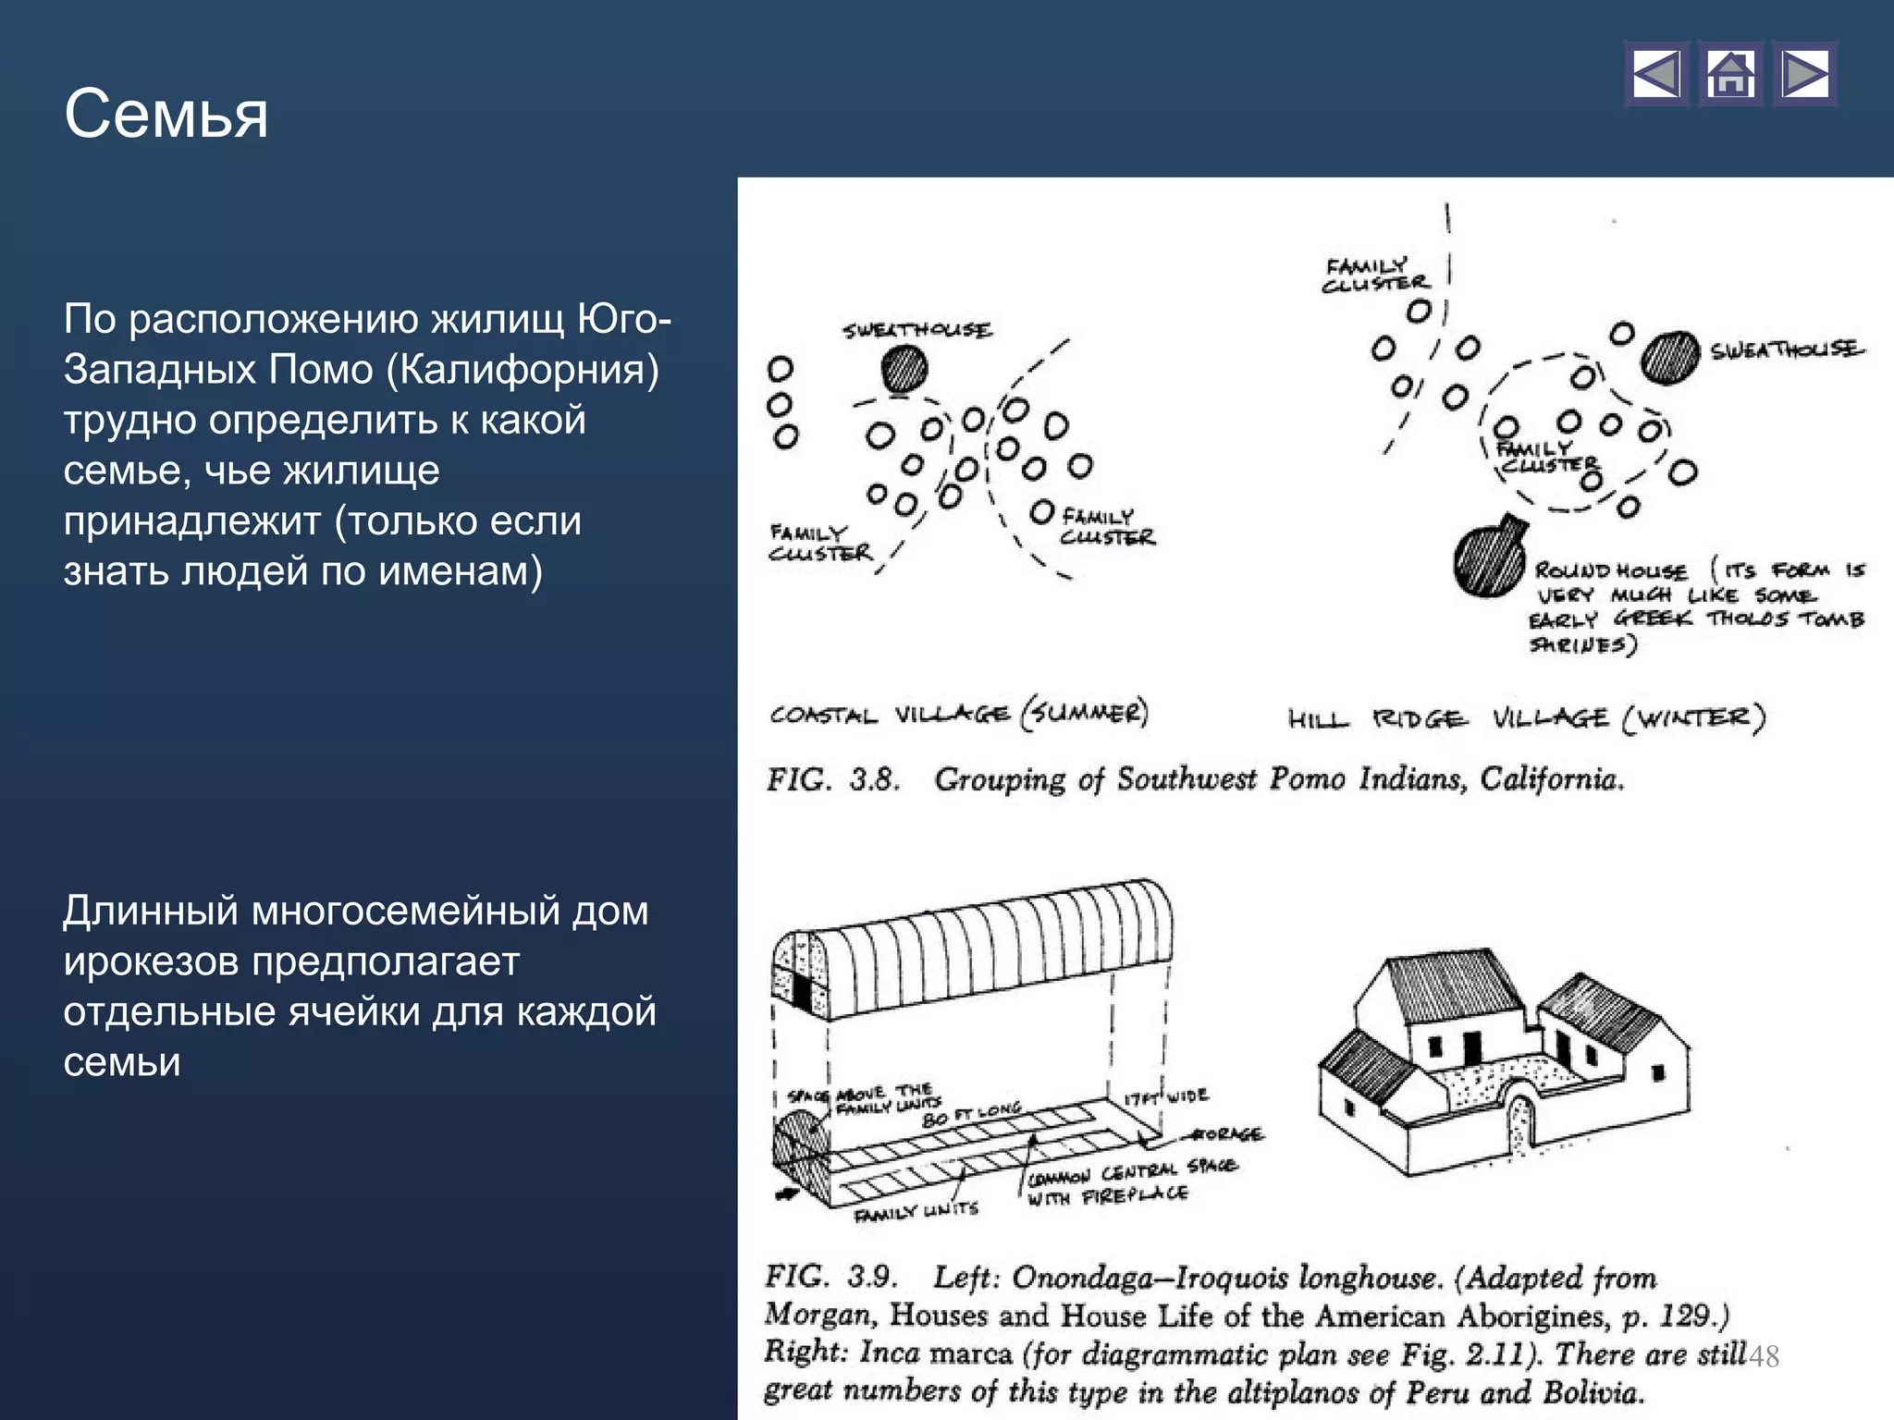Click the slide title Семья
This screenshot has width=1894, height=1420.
pyautogui.click(x=166, y=115)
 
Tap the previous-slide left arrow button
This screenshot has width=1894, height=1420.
pyautogui.click(x=1656, y=75)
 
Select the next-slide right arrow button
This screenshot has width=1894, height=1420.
pyautogui.click(x=1804, y=75)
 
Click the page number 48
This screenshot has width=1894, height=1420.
pyautogui.click(x=1764, y=1356)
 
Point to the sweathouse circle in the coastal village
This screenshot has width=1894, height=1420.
pyautogui.click(x=904, y=370)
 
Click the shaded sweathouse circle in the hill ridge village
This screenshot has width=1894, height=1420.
pyautogui.click(x=1669, y=358)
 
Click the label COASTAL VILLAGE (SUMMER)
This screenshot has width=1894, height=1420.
pyautogui.click(x=958, y=714)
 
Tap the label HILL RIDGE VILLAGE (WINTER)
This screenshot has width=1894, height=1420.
pyautogui.click(x=1526, y=718)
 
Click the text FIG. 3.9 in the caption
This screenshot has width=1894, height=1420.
pyautogui.click(x=830, y=1278)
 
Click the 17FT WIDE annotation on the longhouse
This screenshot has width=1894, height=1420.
pyautogui.click(x=1165, y=1096)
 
